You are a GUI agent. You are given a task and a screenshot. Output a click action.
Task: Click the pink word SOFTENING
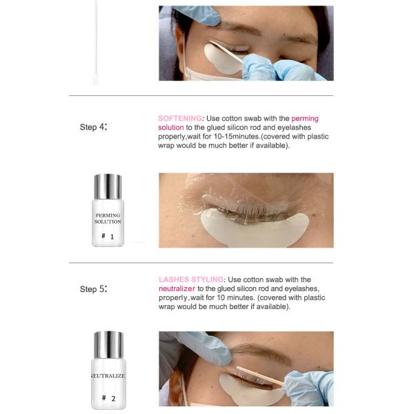tap(180, 118)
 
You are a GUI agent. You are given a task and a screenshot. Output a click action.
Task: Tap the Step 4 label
tap(93, 127)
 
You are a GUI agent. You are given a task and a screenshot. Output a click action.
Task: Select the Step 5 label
tap(93, 289)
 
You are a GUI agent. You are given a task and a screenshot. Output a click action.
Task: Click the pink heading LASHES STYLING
tap(191, 279)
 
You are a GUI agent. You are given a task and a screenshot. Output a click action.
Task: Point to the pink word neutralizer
tap(177, 288)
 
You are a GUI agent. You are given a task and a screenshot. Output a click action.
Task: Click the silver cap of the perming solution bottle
tap(108, 186)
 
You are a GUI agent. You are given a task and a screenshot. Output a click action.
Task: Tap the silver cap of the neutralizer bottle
tap(108, 344)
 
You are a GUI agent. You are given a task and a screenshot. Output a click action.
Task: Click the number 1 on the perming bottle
tap(112, 237)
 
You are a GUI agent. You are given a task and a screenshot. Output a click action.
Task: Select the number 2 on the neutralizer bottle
tap(113, 398)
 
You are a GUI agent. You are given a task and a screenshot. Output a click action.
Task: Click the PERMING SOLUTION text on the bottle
tap(108, 218)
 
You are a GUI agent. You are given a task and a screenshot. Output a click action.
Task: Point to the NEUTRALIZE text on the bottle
tap(108, 376)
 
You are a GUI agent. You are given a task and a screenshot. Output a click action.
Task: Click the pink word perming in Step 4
tap(305, 119)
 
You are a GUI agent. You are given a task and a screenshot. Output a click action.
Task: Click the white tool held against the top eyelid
tap(226, 52)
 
